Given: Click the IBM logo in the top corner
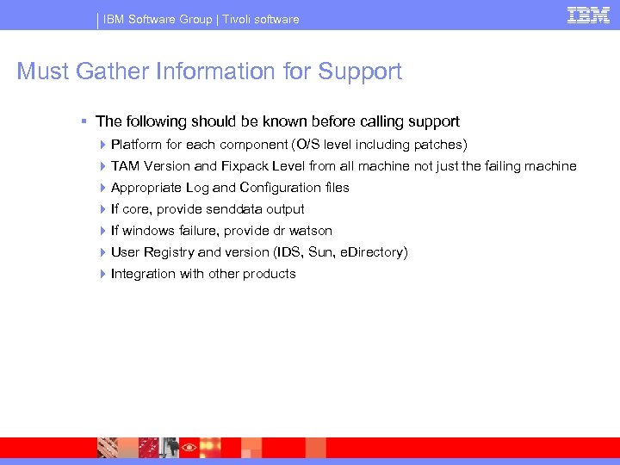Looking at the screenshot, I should point(588,15).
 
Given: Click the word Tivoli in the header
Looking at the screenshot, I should point(239,19).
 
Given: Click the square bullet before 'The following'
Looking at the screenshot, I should point(83,122).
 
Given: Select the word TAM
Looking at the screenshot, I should point(126,166).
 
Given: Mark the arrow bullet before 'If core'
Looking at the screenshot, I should point(102,209).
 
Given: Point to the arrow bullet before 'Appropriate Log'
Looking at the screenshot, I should point(102,188).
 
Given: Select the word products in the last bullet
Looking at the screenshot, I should point(270,274).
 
